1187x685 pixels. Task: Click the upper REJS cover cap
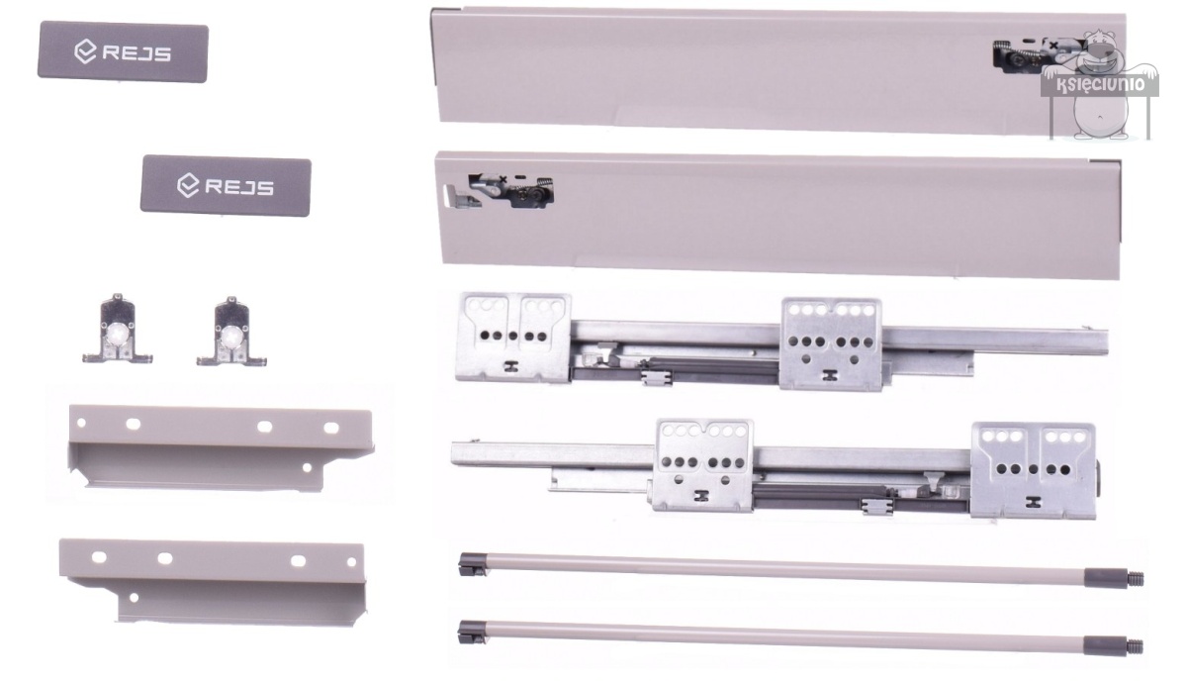click(x=123, y=51)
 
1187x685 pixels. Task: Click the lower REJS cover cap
click(x=226, y=185)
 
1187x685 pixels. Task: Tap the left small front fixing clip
click(x=118, y=330)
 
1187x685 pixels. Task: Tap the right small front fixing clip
click(x=231, y=333)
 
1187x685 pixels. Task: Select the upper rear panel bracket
click(x=220, y=448)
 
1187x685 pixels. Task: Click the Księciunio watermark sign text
click(x=1101, y=84)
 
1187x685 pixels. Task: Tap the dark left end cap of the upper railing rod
click(x=473, y=564)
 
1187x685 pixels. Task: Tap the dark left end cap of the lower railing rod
click(x=472, y=633)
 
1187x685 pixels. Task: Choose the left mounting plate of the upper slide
click(x=513, y=338)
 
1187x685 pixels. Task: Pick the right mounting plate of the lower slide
click(x=1034, y=470)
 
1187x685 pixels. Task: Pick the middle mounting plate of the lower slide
click(x=703, y=465)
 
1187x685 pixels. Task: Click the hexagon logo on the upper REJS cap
click(x=85, y=51)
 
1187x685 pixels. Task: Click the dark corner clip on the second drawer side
click(x=1106, y=161)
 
